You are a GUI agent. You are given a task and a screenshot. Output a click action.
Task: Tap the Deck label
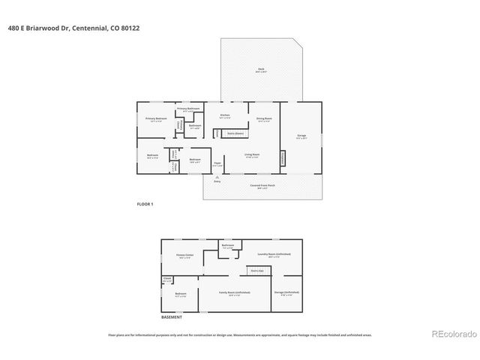[260, 69]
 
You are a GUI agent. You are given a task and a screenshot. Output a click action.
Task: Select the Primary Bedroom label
[155, 118]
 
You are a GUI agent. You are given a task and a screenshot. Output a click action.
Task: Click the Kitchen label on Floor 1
[224, 115]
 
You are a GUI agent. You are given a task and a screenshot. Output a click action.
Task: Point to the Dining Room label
[264, 118]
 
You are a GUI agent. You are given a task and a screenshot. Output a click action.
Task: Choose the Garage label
[301, 136]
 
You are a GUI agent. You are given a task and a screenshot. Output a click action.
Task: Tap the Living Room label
[251, 155]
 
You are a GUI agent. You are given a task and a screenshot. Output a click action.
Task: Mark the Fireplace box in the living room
[283, 159]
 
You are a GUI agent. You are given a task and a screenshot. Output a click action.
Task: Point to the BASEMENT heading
[172, 317]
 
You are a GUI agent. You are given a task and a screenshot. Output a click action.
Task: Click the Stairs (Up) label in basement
[256, 271]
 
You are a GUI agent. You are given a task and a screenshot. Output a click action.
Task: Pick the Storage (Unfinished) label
[286, 292]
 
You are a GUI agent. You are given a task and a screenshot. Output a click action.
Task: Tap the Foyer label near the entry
[217, 163]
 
